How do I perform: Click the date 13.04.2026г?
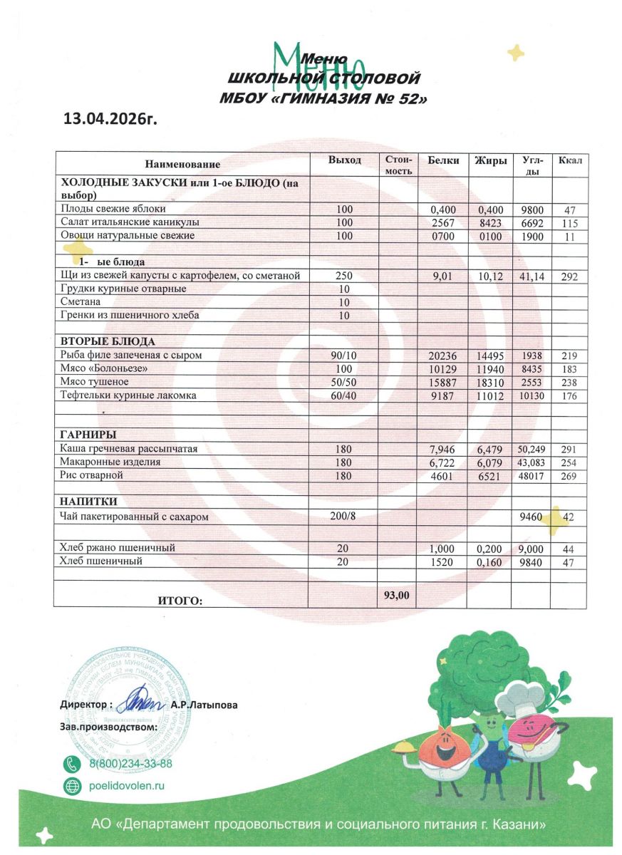[x=110, y=118]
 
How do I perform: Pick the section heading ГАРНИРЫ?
[x=88, y=435]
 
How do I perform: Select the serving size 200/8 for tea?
[x=343, y=517]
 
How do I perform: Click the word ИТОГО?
[x=180, y=601]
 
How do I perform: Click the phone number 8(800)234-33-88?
[x=130, y=764]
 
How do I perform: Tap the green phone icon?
[x=72, y=764]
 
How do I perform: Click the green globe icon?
[x=72, y=786]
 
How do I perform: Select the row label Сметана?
[x=80, y=301]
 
